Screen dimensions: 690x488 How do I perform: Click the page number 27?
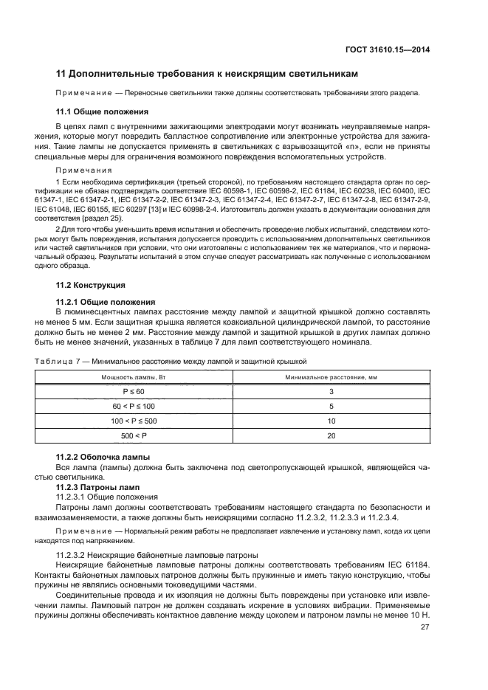tap(425, 627)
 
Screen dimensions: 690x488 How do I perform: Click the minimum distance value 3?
tap(331, 391)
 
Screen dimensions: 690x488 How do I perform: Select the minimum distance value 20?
tap(331, 435)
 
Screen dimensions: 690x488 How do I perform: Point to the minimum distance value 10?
tap(331, 421)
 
